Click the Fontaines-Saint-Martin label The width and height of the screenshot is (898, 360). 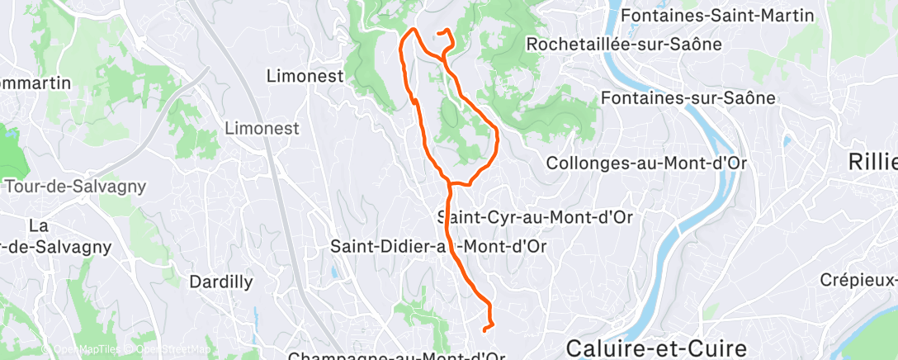coord(728,16)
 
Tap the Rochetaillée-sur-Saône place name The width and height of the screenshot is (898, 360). coord(623,43)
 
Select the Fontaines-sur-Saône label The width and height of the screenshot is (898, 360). coord(688,98)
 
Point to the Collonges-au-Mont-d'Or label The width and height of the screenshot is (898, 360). coord(645,163)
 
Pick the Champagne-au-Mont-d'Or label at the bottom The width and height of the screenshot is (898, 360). coord(395,356)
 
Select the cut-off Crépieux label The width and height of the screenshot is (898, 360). coord(858,280)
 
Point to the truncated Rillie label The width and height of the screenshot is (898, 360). coord(873,163)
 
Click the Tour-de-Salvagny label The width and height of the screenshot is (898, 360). coord(64,186)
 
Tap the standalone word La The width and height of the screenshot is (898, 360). coord(38,225)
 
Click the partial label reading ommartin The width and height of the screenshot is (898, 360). coord(35,83)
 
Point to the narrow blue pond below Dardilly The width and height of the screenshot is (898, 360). coord(256,315)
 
